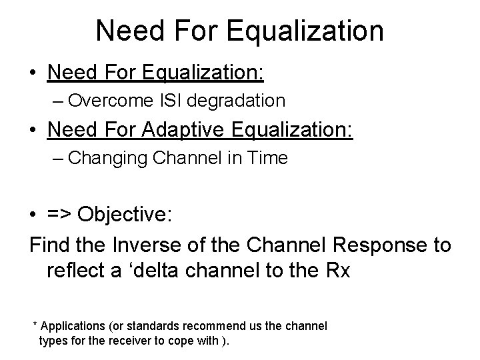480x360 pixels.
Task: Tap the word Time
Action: (x=269, y=158)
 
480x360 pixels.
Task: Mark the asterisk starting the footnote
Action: (x=35, y=325)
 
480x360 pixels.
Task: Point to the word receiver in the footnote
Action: (x=143, y=341)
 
